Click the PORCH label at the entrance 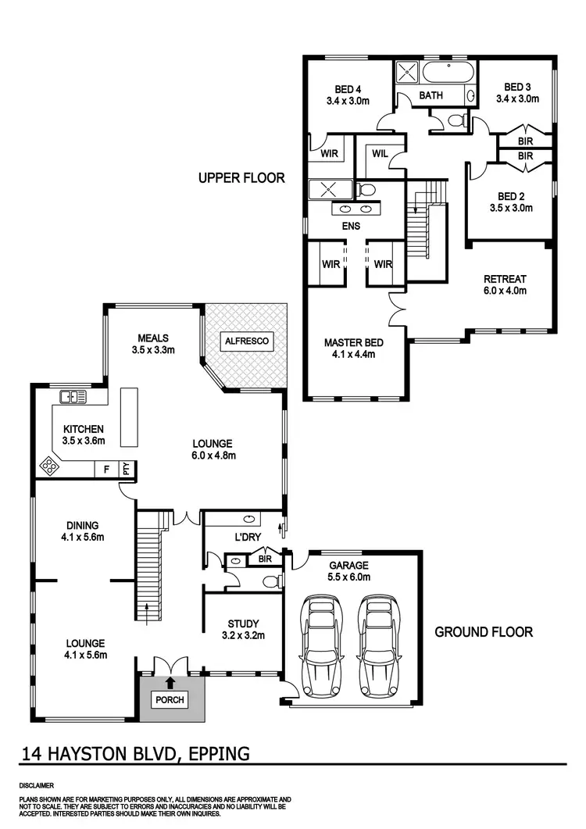pos(170,699)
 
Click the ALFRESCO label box pos(245,341)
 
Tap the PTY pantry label pos(125,469)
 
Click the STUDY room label pos(243,624)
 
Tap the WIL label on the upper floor pos(380,153)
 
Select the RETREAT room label pos(505,279)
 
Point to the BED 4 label pos(348,88)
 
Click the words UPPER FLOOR pos(241,178)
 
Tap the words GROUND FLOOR pos(484,631)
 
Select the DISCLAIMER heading pos(38,784)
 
